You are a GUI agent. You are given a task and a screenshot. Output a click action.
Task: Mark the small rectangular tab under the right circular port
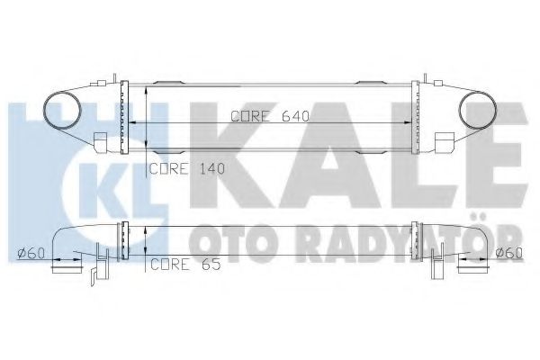pos(443,141)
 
